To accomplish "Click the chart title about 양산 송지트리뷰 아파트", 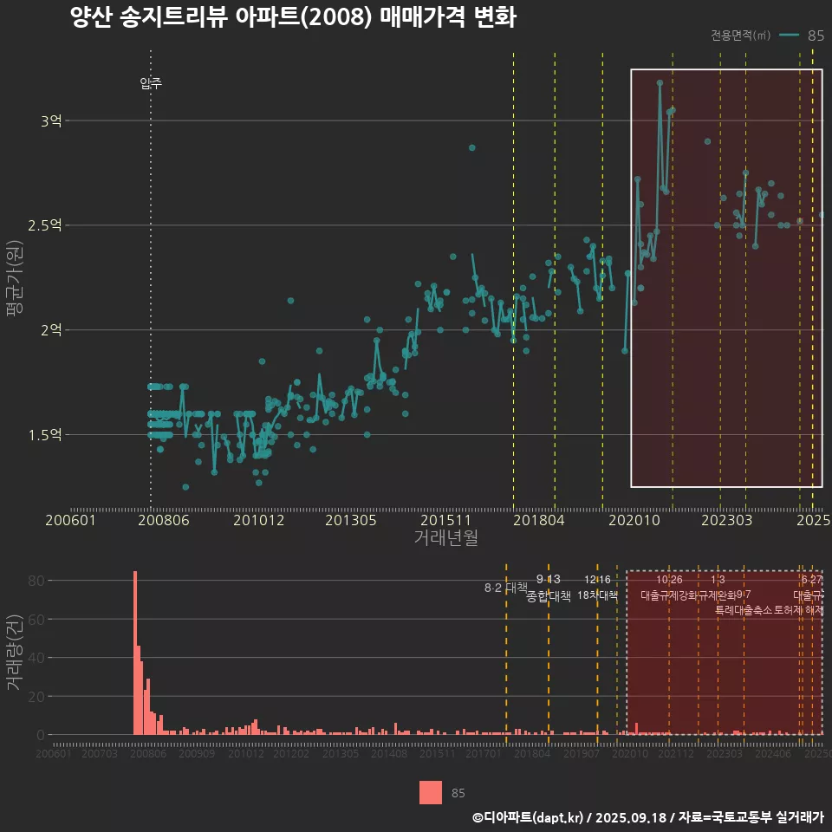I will coord(293,18).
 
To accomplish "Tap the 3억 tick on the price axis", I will coord(50,121).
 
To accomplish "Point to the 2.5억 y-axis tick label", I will coord(45,225).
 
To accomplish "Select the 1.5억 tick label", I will coord(45,435).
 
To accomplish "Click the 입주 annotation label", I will coord(151,84).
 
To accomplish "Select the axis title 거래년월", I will coord(445,538).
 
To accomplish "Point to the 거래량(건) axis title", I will coord(14,653).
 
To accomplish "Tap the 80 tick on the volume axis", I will coord(35,581).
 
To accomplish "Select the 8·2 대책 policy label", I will coord(505,588).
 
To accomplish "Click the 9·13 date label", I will coord(549,580).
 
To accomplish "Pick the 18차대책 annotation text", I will coord(597,596).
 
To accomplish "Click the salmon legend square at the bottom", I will coord(431,792).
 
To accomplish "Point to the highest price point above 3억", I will coord(660,83).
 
